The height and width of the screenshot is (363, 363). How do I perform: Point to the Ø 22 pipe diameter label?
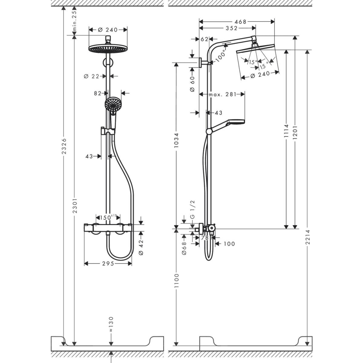point(91,76)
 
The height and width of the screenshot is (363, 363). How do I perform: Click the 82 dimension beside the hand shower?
point(98,93)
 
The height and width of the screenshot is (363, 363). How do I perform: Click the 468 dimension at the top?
point(240,22)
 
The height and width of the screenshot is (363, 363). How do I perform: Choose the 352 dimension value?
point(231,28)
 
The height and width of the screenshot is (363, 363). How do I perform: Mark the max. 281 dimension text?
point(222,94)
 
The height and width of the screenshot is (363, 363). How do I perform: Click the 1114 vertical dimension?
point(286,131)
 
